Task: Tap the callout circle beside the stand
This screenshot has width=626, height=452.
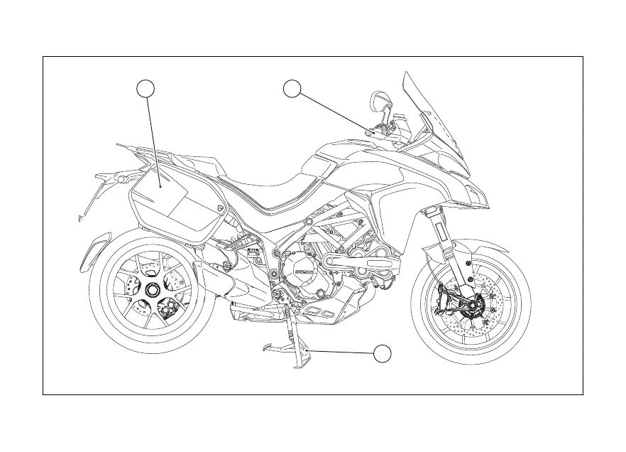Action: click(x=383, y=353)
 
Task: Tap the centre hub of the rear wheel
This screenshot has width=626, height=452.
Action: click(x=151, y=290)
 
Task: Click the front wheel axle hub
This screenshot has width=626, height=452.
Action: click(x=471, y=306)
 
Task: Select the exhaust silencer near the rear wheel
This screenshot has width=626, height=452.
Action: click(x=216, y=270)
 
